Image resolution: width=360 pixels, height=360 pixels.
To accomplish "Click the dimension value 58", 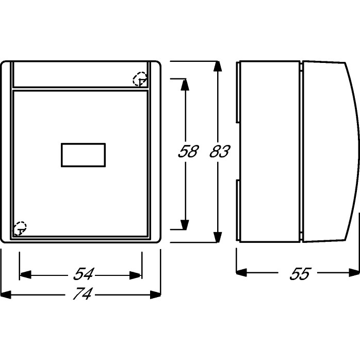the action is click(x=188, y=151).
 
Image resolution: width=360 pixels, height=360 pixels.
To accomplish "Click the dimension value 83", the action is click(x=220, y=151).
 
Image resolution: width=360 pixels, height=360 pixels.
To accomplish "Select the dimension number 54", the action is click(x=84, y=274).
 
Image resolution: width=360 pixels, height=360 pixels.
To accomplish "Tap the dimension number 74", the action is click(x=83, y=293).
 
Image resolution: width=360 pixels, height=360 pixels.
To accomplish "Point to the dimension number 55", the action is click(x=300, y=273).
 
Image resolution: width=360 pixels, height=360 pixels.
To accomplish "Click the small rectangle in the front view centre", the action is click(x=84, y=155).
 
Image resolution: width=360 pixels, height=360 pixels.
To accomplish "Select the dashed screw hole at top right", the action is click(x=140, y=79).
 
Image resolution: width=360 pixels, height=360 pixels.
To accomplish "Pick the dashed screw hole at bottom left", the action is click(x=20, y=228).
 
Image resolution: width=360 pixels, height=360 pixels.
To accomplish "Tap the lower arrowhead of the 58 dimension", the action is click(x=185, y=225).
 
